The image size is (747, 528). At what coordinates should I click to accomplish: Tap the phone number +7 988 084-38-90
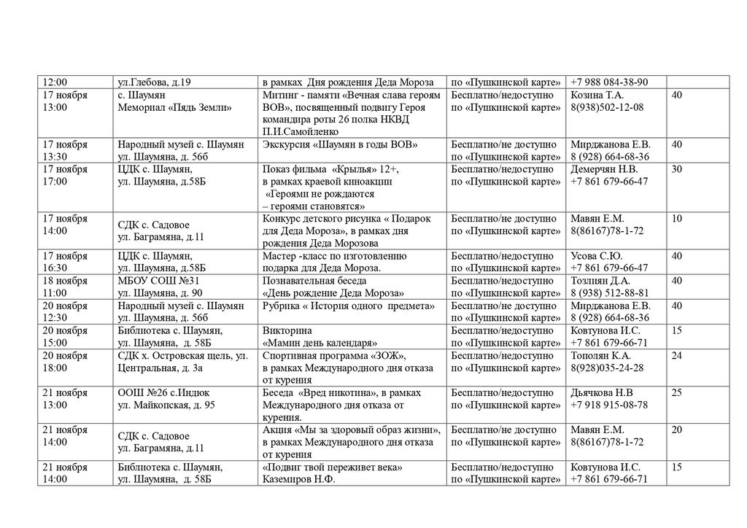tap(609, 82)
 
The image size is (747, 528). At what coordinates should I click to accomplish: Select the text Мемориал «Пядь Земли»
tap(174, 107)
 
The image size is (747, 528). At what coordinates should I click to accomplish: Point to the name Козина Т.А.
tap(597, 96)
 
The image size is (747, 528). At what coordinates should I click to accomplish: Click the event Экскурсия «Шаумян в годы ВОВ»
tap(340, 144)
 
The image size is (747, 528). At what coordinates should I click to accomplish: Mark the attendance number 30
tap(677, 169)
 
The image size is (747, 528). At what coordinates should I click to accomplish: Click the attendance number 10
tap(677, 219)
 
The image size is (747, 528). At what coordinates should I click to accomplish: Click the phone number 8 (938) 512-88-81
tap(610, 293)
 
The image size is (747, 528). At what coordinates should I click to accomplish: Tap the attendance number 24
tap(677, 355)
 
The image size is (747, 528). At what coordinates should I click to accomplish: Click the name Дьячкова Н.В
tap(603, 393)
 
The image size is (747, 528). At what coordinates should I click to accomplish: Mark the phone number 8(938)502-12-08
tap(607, 107)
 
